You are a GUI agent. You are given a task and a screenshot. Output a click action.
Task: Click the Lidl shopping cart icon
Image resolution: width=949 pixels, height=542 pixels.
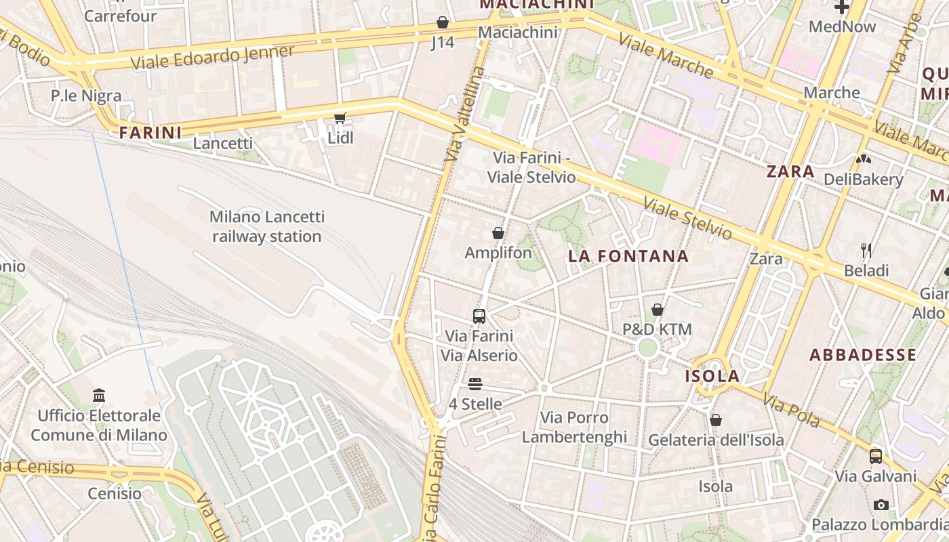point(340,119)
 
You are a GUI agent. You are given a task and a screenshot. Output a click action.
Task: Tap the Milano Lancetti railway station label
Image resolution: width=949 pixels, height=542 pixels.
point(266,226)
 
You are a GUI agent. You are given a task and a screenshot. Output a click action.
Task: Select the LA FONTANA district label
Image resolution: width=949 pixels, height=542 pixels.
point(628,257)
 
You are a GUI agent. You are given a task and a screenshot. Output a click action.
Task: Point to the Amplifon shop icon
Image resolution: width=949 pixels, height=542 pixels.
point(498,233)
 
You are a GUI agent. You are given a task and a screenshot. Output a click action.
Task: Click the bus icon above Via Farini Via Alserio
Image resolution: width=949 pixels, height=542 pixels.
point(479,316)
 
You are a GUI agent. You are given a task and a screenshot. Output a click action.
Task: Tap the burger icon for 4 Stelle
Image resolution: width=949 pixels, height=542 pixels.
point(475,384)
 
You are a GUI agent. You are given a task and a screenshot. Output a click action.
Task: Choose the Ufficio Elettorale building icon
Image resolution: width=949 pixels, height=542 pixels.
point(99,395)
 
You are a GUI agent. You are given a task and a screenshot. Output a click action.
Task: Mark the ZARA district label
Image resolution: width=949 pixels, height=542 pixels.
point(790,171)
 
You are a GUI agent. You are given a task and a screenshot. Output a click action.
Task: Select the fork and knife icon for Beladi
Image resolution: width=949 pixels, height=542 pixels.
point(866,251)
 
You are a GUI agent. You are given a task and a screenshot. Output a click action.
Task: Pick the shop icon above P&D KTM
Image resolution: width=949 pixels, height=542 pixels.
point(657,310)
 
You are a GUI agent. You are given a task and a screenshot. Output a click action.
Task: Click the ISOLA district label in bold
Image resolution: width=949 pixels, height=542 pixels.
point(712,377)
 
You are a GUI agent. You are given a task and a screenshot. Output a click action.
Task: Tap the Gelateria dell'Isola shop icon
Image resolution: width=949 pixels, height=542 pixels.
point(716,420)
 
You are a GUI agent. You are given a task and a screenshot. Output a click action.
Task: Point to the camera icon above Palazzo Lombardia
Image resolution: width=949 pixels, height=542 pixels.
point(881,505)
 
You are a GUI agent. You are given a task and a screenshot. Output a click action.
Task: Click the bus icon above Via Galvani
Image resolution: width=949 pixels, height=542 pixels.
point(876,456)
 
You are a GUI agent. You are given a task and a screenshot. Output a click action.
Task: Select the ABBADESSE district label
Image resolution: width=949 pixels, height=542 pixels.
point(862,355)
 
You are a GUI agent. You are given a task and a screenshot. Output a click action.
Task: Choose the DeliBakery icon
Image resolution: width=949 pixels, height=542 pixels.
point(864,160)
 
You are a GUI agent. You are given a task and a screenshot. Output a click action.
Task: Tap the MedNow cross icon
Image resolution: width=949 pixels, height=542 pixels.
point(842,7)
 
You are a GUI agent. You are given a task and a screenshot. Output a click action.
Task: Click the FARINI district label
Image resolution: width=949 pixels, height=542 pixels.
point(150,133)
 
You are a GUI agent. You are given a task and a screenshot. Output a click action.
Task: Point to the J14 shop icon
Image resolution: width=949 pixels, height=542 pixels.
point(443,23)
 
